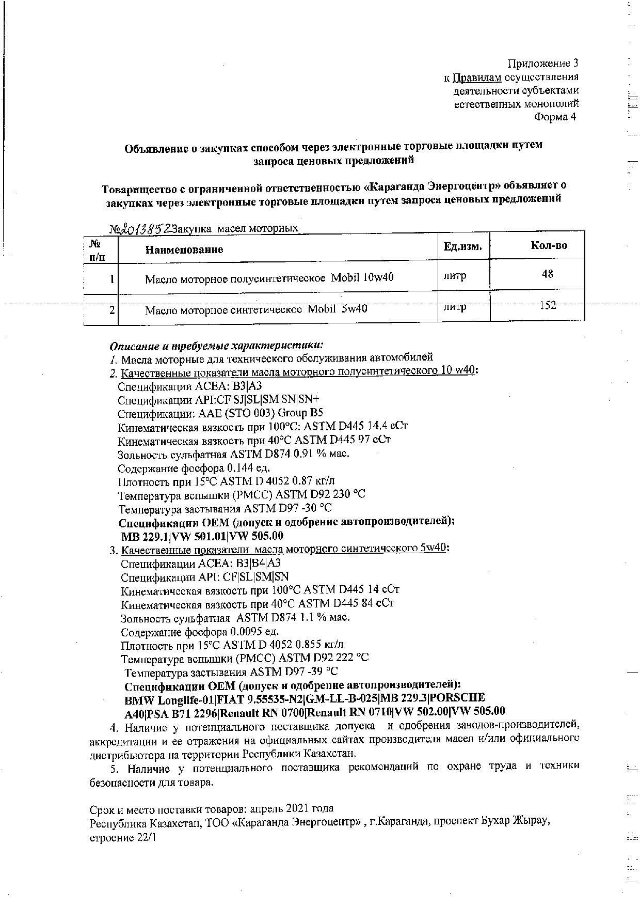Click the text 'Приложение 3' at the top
point(543,64)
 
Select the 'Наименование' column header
point(184,250)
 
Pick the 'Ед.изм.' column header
point(463,247)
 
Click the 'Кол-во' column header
point(549,245)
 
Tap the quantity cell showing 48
point(548,274)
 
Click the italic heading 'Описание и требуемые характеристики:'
point(217,345)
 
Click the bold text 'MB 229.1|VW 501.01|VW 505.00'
point(202,536)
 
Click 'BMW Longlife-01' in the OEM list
point(169,701)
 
